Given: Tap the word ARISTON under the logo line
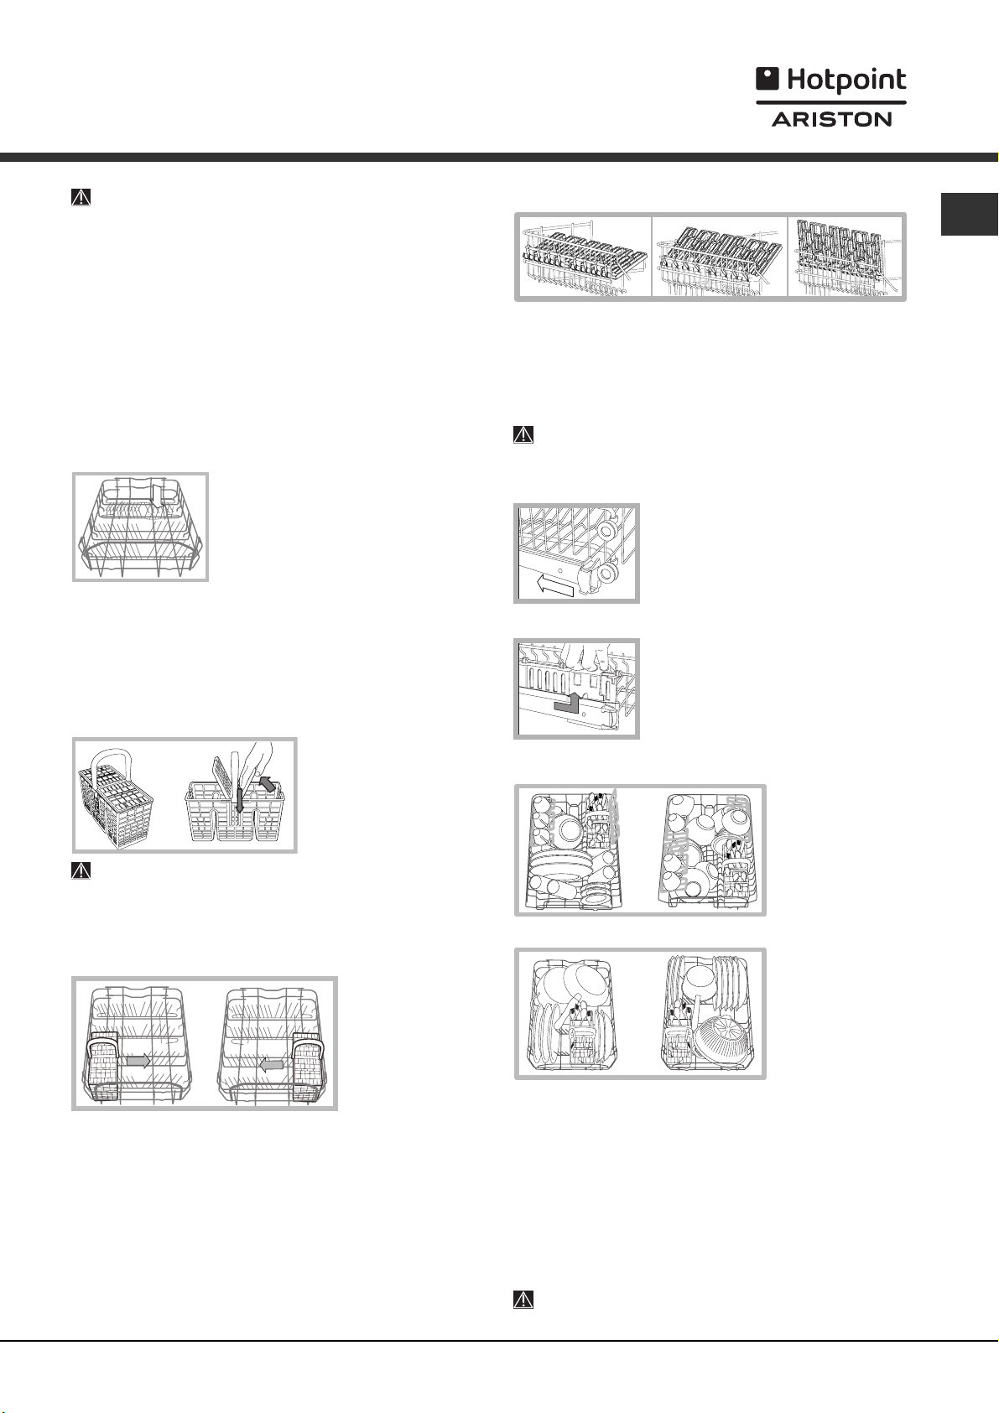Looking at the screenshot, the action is point(831,119).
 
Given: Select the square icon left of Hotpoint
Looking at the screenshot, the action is point(767,79).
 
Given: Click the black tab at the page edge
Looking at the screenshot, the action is point(970,214).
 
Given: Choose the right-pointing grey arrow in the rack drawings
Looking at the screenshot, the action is point(137,1061).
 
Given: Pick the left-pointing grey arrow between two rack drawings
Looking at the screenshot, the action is point(273,1063).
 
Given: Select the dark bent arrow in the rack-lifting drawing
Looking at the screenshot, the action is point(566,704).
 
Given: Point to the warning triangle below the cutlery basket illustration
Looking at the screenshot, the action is point(81,870).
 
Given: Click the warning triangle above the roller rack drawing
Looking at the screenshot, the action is point(523,435).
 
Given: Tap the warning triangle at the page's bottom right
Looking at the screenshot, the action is point(523,1299).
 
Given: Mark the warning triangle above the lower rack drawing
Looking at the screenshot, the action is point(81,198).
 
